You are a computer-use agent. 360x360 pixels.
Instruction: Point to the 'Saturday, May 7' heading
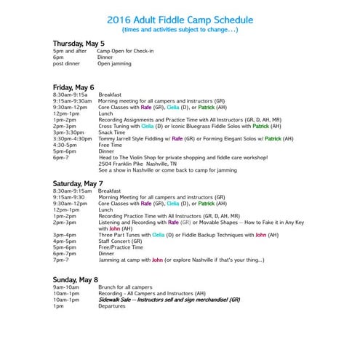[78, 183]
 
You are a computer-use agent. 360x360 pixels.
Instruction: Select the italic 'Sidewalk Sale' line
[167, 300]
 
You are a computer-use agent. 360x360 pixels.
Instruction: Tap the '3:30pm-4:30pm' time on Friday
[73, 137]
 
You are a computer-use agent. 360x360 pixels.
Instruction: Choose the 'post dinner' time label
[66, 63]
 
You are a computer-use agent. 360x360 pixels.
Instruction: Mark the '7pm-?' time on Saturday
[61, 260]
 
